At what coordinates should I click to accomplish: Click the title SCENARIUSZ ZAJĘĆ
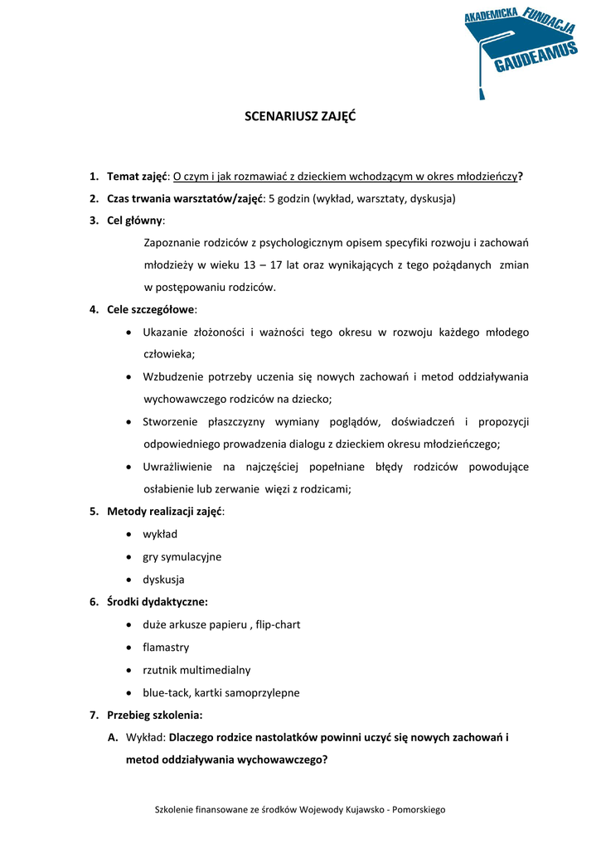(x=300, y=117)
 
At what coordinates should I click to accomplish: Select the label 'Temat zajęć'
(x=137, y=177)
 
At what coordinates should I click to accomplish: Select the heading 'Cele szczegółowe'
(x=151, y=310)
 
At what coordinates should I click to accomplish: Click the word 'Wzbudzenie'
(x=173, y=377)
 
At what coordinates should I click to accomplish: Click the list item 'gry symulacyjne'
(x=182, y=557)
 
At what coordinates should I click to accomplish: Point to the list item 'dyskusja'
(x=163, y=580)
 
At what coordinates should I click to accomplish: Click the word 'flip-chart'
(x=278, y=624)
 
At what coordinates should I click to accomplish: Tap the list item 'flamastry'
(x=166, y=647)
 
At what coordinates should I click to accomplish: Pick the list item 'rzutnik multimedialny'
(x=196, y=670)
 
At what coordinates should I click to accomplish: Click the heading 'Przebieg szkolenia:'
(x=154, y=715)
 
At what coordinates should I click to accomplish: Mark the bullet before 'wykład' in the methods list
(x=130, y=535)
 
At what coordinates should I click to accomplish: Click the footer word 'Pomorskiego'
(x=419, y=809)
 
